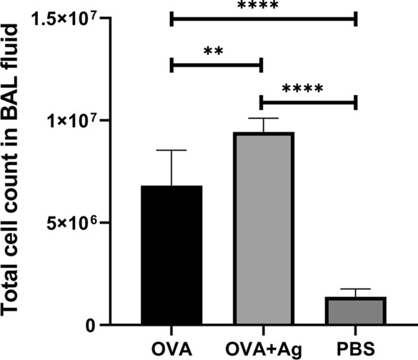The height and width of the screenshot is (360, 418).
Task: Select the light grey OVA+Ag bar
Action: [263, 229]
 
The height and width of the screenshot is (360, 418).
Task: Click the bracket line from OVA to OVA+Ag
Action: [217, 66]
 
